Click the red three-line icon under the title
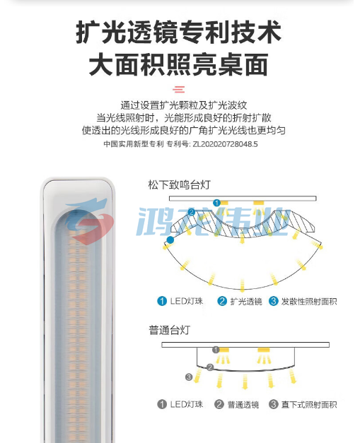(x=179, y=89)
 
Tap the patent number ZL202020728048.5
(x=225, y=144)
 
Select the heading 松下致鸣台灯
(x=180, y=185)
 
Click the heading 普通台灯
(x=169, y=330)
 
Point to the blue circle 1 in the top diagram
(x=216, y=203)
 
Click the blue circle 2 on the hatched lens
(x=192, y=212)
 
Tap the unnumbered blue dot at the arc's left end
(x=170, y=240)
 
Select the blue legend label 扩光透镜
(x=246, y=302)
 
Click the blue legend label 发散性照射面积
(x=309, y=302)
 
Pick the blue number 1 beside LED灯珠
(x=162, y=301)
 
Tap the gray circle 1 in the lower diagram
(x=216, y=350)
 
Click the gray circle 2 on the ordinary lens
(x=210, y=367)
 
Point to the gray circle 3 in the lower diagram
(x=189, y=377)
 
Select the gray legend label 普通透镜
(x=243, y=405)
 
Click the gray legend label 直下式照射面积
(x=309, y=405)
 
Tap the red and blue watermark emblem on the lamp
(x=88, y=220)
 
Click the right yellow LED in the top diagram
(x=258, y=203)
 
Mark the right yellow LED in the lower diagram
(x=264, y=350)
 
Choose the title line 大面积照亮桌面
(x=179, y=65)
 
